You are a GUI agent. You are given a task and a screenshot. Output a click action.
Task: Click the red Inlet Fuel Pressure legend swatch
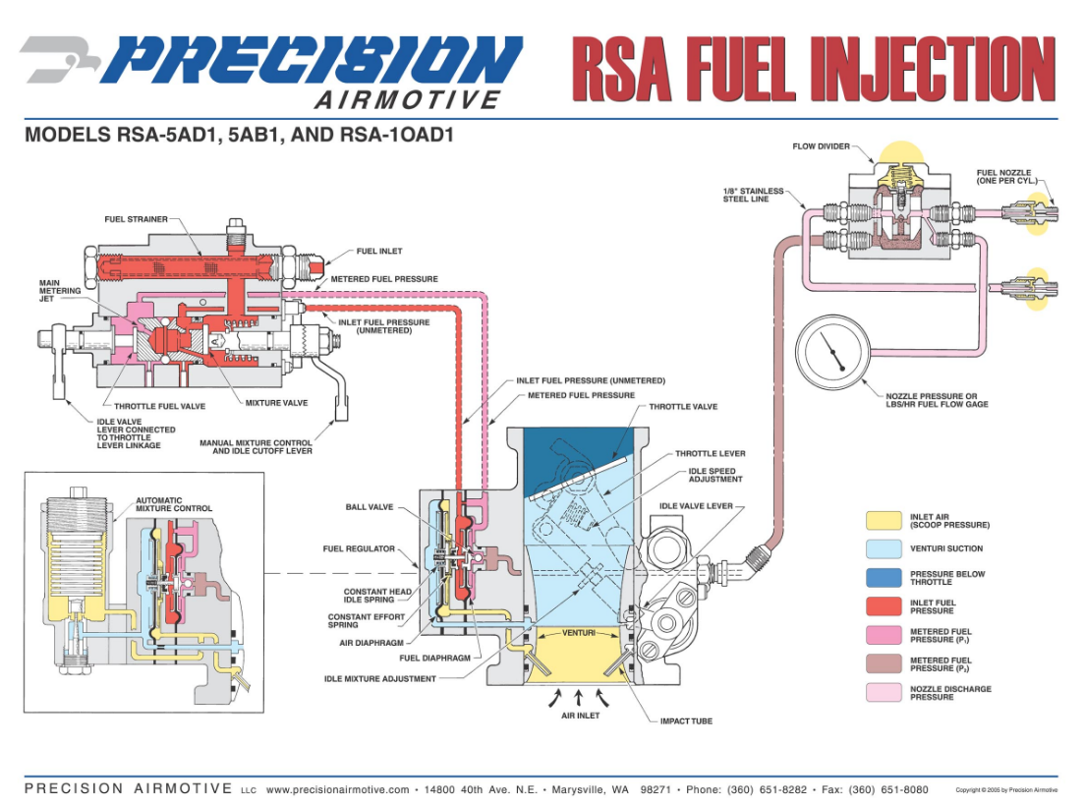(883, 606)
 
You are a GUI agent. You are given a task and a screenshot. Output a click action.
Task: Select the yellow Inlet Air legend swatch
(883, 521)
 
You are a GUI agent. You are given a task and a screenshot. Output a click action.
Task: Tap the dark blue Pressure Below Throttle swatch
(883, 578)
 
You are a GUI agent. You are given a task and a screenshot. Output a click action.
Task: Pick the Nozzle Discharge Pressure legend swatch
(883, 693)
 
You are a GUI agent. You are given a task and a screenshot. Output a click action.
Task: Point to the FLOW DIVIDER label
(822, 147)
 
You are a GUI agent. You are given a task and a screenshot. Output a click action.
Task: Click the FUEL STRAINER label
(137, 219)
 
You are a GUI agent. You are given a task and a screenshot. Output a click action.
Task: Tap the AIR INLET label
(580, 716)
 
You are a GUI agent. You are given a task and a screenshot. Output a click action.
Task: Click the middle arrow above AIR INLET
(579, 697)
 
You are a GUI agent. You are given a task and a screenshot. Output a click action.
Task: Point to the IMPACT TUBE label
(687, 720)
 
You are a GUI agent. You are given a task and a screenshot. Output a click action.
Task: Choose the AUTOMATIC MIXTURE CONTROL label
(174, 504)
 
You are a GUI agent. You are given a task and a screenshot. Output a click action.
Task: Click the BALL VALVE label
(370, 507)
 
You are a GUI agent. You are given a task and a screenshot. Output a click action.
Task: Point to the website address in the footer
(337, 789)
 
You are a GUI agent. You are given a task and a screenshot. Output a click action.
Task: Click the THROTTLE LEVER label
(711, 454)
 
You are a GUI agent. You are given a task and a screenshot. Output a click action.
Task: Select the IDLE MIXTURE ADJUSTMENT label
(380, 678)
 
